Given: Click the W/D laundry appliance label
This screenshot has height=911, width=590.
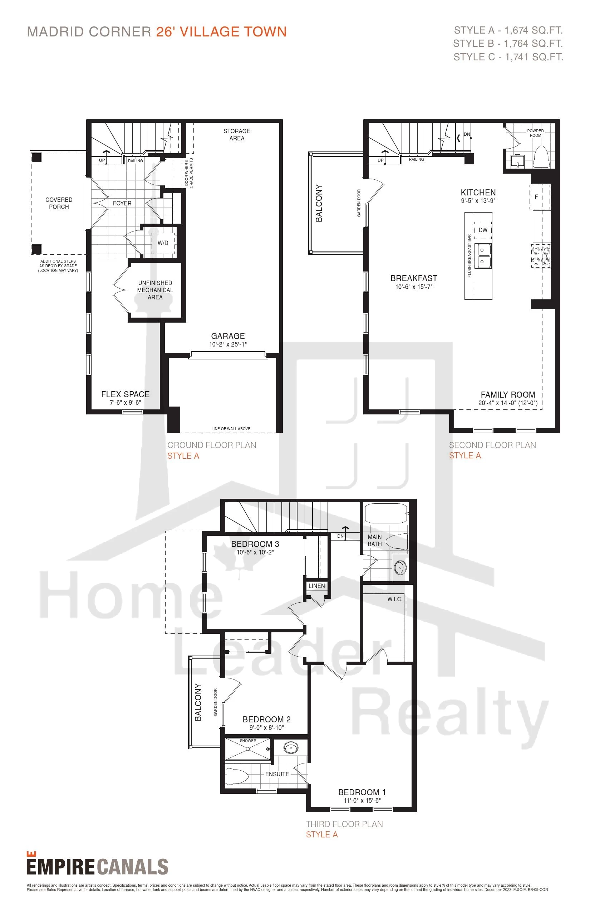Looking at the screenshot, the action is tap(163, 243).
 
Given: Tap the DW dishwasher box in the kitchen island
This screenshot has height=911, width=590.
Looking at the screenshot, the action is tap(483, 230).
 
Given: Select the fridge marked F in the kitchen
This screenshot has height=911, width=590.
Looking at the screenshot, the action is tap(540, 197).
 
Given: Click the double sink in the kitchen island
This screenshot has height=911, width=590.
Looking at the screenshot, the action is tap(483, 256).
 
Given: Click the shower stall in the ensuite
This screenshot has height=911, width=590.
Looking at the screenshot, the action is tap(248, 749).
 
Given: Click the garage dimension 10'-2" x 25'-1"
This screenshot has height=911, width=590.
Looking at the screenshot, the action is tap(228, 344).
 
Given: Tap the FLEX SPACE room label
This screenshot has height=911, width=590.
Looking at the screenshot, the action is tap(125, 394).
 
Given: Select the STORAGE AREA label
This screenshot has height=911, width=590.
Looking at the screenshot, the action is tap(237, 135).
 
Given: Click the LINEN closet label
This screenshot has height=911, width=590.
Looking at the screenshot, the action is tap(316, 586).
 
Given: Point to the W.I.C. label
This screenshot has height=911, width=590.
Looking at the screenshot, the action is tap(395, 599).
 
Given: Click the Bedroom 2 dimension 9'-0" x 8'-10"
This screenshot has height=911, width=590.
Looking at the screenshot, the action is tap(267, 728).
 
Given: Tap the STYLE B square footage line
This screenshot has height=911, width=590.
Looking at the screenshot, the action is tap(508, 44).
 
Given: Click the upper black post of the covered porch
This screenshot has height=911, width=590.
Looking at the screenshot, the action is tap(36, 157).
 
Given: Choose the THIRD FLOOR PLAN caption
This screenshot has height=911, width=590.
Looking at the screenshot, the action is tap(344, 824).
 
